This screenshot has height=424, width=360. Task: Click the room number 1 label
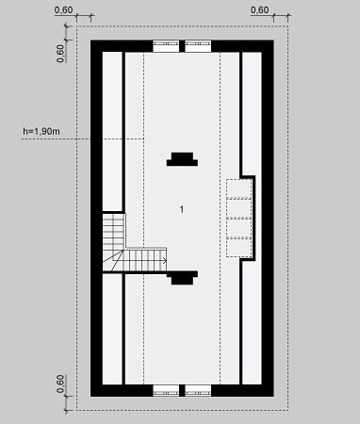pyautogui.click(x=182, y=209)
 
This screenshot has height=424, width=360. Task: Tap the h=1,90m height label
pyautogui.click(x=41, y=131)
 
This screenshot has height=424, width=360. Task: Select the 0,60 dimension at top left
pyautogui.click(x=63, y=9)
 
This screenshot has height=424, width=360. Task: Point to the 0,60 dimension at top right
pyautogui.click(x=260, y=9)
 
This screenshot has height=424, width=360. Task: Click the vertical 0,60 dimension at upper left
pyautogui.click(x=60, y=54)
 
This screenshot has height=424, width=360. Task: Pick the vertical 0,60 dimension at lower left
pyautogui.click(x=60, y=383)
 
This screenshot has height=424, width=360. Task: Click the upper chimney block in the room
pyautogui.click(x=182, y=159)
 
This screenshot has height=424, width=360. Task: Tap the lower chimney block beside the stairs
pyautogui.click(x=182, y=278)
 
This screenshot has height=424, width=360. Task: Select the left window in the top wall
pyautogui.click(x=166, y=46)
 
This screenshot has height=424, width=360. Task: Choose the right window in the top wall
pyautogui.click(x=198, y=46)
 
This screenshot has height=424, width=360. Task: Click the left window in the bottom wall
pyautogui.click(x=166, y=390)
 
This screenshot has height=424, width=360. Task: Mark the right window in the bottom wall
pyautogui.click(x=198, y=390)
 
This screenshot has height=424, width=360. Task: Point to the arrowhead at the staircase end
pyautogui.click(x=165, y=260)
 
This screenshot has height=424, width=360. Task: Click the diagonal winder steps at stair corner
pyautogui.click(x=113, y=260)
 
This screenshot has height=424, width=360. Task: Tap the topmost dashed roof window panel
pyautogui.click(x=239, y=188)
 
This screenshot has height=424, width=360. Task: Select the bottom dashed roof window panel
pyautogui.click(x=239, y=248)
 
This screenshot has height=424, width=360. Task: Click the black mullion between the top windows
pyautogui.click(x=182, y=46)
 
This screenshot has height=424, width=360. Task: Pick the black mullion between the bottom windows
pyautogui.click(x=182, y=390)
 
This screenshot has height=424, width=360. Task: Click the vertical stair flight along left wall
pyautogui.click(x=113, y=232)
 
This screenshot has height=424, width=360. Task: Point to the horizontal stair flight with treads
pyautogui.click(x=145, y=260)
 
